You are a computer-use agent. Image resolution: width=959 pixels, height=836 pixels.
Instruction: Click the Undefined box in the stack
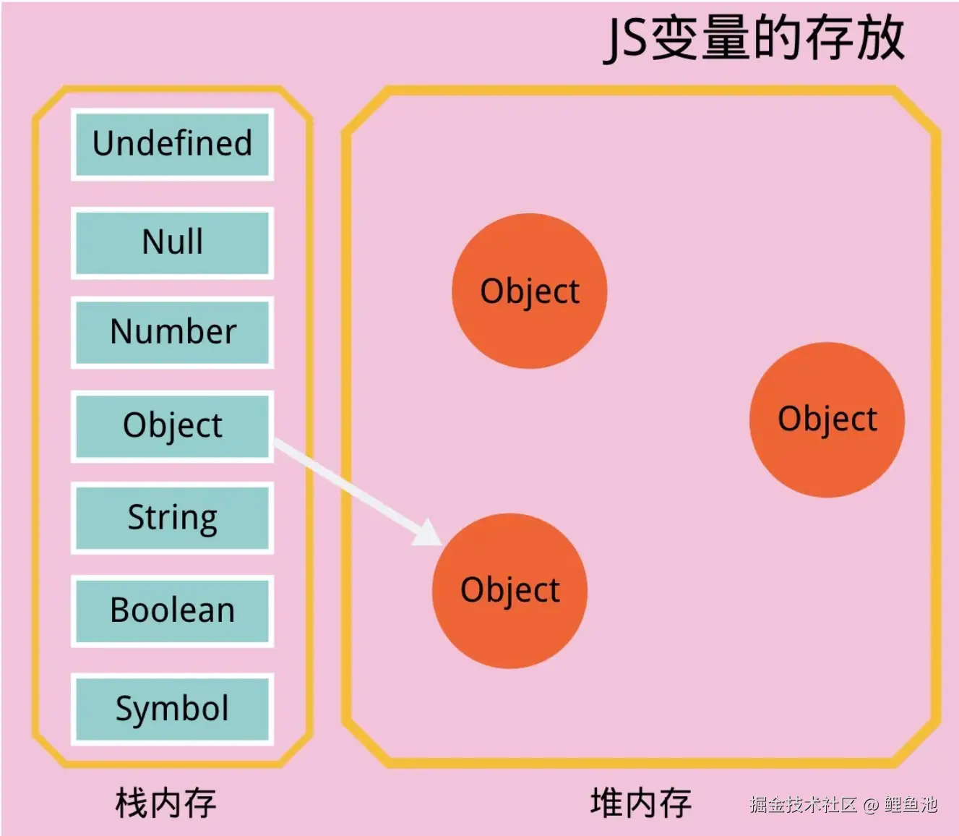(x=172, y=144)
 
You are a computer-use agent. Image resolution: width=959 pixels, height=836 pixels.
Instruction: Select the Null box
(x=172, y=242)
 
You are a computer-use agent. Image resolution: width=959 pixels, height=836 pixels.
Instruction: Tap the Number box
(x=172, y=332)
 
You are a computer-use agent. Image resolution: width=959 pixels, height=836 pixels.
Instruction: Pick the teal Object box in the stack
(x=172, y=425)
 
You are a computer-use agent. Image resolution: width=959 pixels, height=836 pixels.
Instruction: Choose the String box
(x=172, y=518)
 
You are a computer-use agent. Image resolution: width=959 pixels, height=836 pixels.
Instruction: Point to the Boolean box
(x=172, y=610)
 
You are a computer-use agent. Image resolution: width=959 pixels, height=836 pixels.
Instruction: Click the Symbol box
(x=172, y=709)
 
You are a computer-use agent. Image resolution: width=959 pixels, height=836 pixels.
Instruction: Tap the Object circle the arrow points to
(x=509, y=590)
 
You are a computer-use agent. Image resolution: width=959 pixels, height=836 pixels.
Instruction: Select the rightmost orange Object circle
(x=827, y=419)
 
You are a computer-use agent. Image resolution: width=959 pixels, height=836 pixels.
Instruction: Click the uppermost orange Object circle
(x=529, y=291)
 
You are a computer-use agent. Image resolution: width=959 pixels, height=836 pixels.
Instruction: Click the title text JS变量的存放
(x=754, y=38)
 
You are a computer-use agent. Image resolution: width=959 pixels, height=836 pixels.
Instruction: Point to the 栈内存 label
(x=165, y=803)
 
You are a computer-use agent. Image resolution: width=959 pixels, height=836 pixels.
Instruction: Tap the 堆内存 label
(x=640, y=803)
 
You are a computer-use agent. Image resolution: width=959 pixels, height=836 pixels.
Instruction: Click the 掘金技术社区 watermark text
(x=803, y=804)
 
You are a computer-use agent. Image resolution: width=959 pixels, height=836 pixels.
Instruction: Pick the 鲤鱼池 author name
(x=911, y=804)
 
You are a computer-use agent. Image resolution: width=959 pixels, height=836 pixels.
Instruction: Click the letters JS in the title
(x=626, y=39)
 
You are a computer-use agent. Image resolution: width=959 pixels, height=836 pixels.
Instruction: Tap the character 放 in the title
(x=880, y=38)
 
